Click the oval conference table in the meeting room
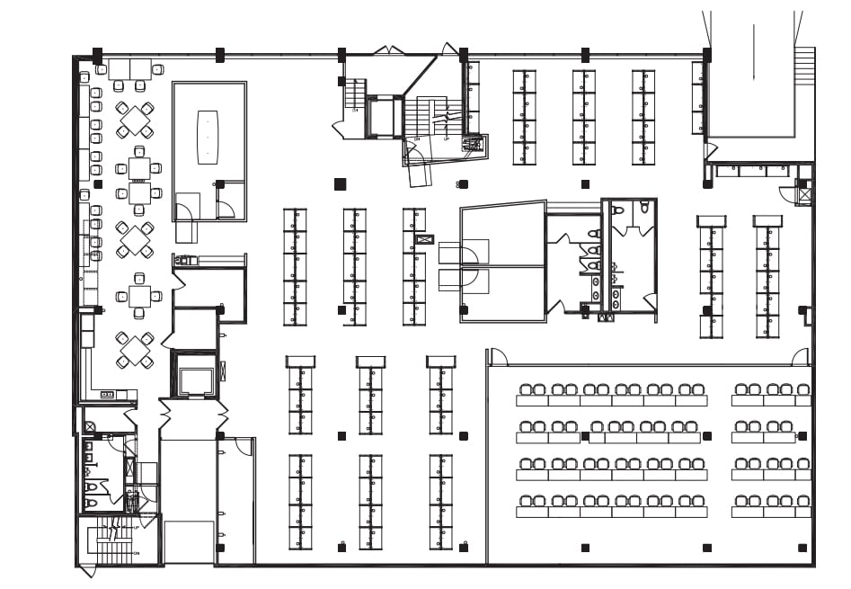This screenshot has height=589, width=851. point(208,137)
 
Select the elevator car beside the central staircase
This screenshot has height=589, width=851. point(385,117)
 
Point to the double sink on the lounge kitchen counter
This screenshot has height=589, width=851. point(107,394)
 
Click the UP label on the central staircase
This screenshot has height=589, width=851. point(446,139)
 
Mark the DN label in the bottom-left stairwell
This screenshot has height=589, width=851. point(137,553)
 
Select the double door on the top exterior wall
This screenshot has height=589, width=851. point(389,49)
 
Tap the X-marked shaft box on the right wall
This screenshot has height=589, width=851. point(804,193)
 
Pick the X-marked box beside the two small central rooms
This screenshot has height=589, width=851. point(425,239)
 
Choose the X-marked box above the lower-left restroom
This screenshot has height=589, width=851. point(89,426)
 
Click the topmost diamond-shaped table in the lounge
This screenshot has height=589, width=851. point(135,120)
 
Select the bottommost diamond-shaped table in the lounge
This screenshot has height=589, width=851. point(135,351)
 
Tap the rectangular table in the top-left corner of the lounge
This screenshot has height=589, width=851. point(130,69)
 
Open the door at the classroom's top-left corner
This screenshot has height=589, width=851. point(499,357)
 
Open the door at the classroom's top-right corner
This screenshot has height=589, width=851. point(799,357)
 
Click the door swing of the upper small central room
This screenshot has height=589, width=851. point(469,256)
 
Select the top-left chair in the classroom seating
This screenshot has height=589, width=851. point(526,389)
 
